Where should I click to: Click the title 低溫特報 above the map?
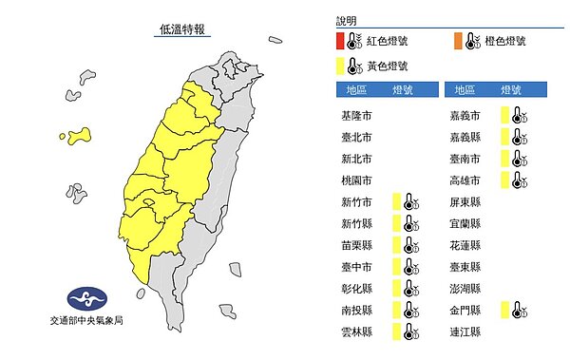tap(180, 30)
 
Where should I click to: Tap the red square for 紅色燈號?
tap(341, 41)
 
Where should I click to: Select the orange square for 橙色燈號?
tap(461, 41)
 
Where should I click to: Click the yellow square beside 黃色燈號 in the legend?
tap(341, 66)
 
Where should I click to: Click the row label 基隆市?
tap(356, 115)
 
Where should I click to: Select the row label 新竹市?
tap(356, 201)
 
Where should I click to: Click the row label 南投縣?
tap(356, 310)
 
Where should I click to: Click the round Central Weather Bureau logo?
tap(85, 297)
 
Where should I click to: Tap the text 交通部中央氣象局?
tap(85, 321)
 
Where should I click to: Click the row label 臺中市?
tap(356, 267)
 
